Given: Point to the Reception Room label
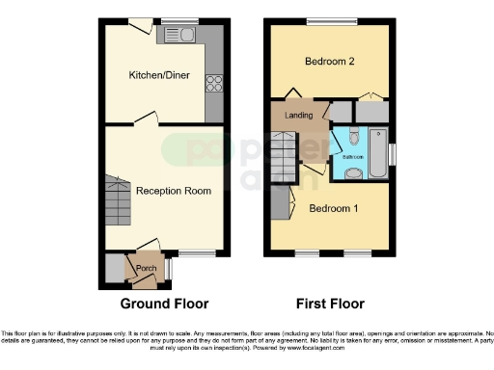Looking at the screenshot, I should point(173,191).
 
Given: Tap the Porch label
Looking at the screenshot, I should point(146,268).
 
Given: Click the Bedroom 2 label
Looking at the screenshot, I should point(330,62).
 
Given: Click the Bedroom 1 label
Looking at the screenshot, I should point(333,206).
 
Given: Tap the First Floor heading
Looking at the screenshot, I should point(330,304).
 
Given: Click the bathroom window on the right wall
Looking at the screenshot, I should point(391,153).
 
